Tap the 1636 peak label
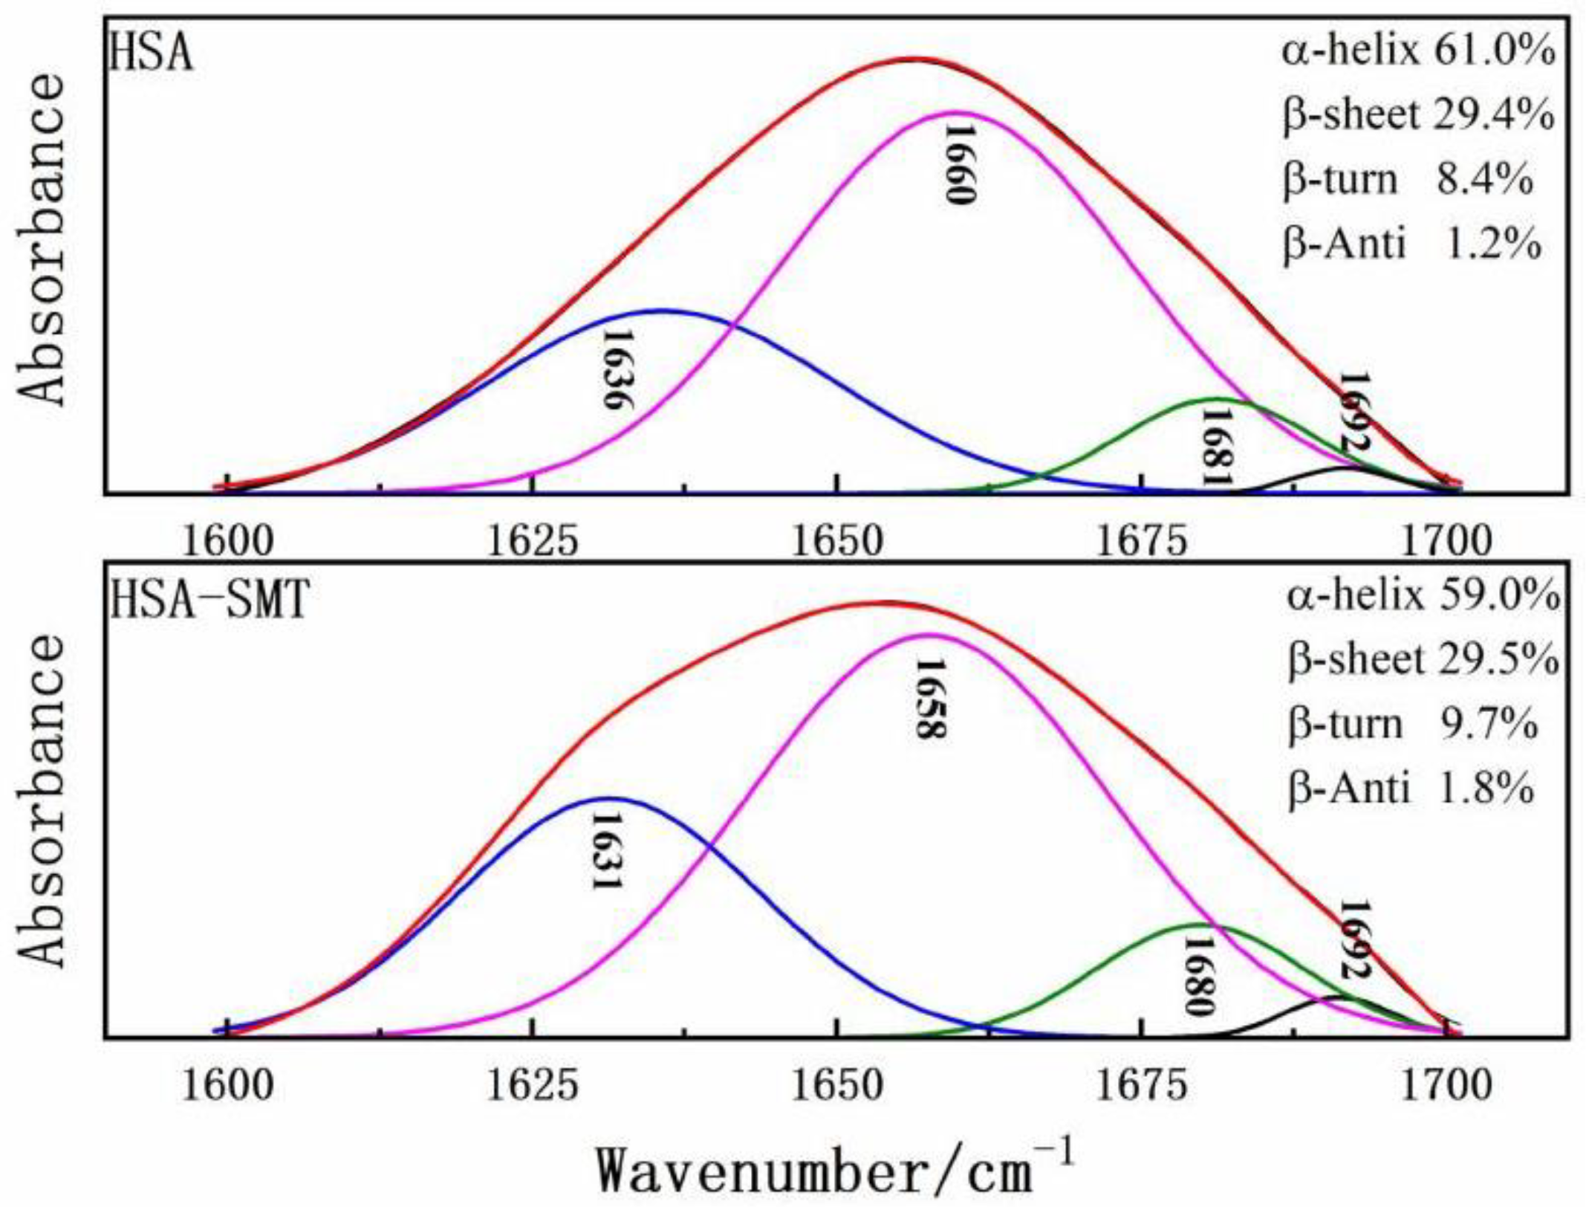(x=617, y=369)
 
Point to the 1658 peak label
(x=931, y=699)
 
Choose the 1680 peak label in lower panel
(x=1198, y=976)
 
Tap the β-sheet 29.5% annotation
(x=1423, y=659)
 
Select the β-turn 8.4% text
(x=1407, y=180)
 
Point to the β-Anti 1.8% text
(x=1409, y=788)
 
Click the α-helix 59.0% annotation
(x=1423, y=596)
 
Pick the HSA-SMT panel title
(x=209, y=601)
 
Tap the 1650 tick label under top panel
(x=837, y=542)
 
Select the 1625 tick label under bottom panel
(x=532, y=1087)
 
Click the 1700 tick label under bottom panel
(x=1446, y=1087)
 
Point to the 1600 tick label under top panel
(x=228, y=542)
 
